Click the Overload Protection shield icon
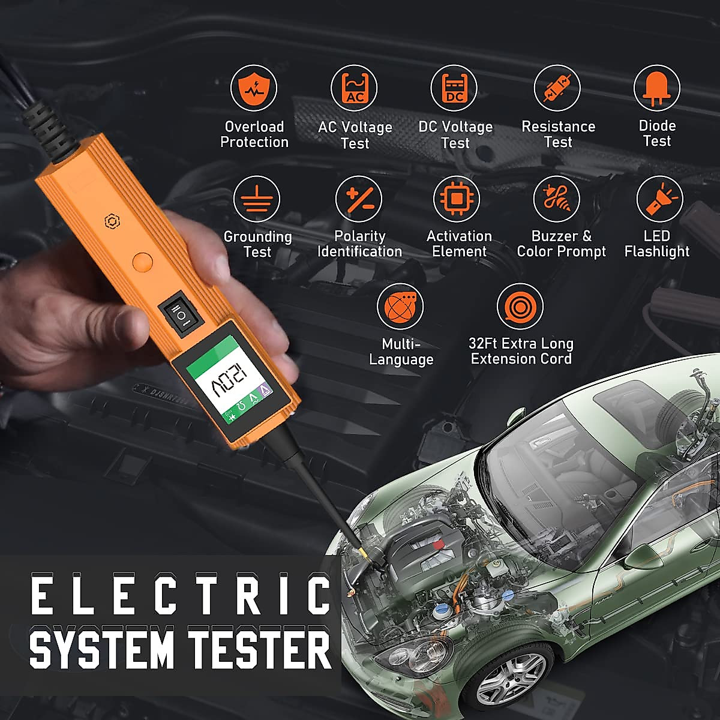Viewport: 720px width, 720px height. point(254,88)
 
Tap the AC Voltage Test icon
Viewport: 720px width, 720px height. point(354,88)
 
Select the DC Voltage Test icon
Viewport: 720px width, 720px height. point(454,88)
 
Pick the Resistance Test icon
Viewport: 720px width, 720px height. point(557,88)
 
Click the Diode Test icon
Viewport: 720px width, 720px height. point(657,88)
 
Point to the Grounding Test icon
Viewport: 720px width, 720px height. point(257,199)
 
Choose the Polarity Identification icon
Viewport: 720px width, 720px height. point(359,199)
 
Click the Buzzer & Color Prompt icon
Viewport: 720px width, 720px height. point(557,199)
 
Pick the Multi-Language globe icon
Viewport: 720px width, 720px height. point(400,307)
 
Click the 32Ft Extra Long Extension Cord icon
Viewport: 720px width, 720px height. point(520,307)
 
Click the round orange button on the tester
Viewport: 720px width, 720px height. point(142,262)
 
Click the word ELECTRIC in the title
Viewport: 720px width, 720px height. point(180,595)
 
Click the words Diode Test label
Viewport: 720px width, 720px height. point(657,134)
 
